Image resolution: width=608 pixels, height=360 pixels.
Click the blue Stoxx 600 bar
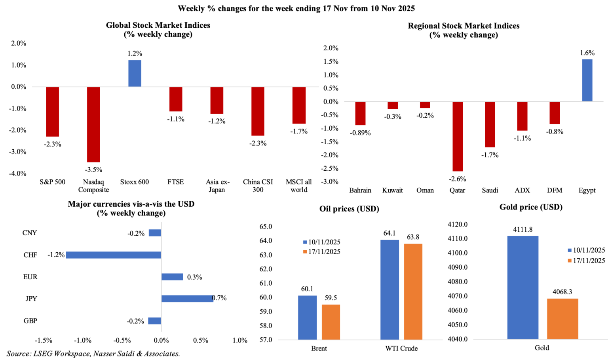click(x=135, y=73)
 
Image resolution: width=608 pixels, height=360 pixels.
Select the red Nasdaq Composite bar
click(x=93, y=124)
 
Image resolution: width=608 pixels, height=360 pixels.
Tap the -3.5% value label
click(x=93, y=170)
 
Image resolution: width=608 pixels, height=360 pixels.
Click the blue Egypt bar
click(x=587, y=80)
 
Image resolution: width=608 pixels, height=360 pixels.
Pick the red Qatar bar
click(x=458, y=136)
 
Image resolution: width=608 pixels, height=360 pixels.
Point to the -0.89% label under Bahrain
click(x=360, y=133)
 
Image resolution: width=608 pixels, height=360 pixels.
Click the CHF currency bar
click(x=114, y=255)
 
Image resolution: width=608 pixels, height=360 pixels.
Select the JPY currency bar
click(x=187, y=299)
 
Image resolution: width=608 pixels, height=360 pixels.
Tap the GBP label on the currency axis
click(x=30, y=321)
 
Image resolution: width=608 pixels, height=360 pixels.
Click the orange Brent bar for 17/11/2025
click(x=331, y=322)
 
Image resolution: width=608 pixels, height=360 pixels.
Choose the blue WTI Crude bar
click(x=389, y=290)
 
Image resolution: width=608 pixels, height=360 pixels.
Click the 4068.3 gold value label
click(x=562, y=292)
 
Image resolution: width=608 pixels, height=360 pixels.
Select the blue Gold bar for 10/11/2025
click(x=523, y=288)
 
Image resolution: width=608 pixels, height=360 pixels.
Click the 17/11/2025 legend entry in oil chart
click(x=321, y=252)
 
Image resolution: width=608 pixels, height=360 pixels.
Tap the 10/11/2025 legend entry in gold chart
click(x=586, y=250)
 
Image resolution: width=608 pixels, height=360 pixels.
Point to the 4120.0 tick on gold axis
click(x=458, y=225)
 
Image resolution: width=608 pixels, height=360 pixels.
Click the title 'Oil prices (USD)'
click(x=349, y=209)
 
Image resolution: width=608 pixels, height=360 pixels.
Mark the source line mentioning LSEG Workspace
click(x=93, y=354)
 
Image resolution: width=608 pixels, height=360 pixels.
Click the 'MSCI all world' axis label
click(x=299, y=186)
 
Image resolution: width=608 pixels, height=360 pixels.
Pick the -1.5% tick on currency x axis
click(x=44, y=341)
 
